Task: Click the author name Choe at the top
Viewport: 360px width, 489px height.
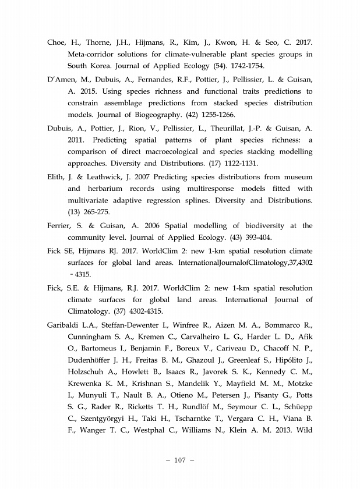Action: click(58, 42)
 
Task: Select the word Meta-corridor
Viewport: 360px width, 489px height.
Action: click(93, 54)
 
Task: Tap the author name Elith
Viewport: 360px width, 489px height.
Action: click(57, 177)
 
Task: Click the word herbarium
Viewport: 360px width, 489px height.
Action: click(113, 189)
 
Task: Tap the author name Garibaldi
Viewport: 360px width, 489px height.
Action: click(66, 323)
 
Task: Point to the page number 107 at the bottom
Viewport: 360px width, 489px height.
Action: click(179, 460)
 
